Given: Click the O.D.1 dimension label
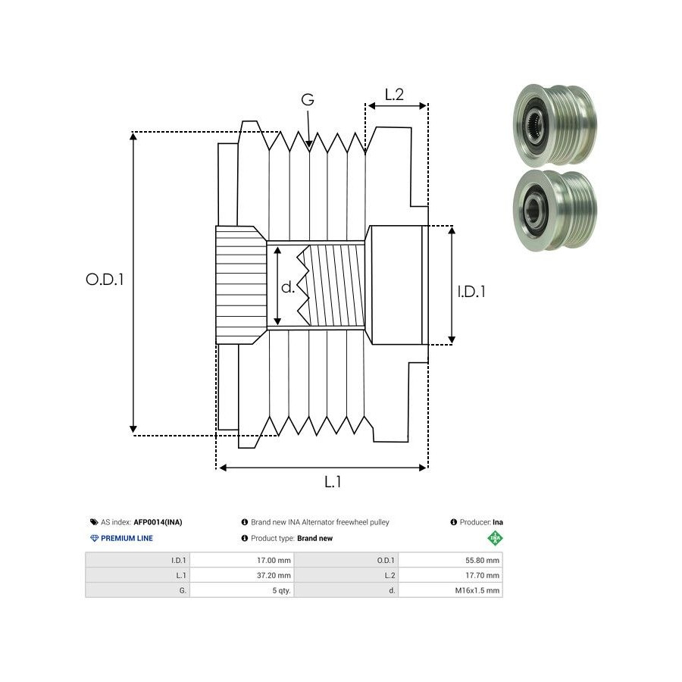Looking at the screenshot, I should (x=105, y=279).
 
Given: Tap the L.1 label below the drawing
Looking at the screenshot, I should (x=333, y=482).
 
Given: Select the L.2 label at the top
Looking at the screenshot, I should (x=394, y=95).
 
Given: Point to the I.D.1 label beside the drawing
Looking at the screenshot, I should (x=471, y=291).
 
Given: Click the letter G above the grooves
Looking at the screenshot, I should (x=307, y=100).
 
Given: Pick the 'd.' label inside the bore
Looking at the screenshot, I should (x=288, y=287).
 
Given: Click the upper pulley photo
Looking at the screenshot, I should (x=554, y=125).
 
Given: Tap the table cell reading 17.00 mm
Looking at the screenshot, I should (x=274, y=561).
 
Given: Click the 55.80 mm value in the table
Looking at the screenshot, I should (x=483, y=561).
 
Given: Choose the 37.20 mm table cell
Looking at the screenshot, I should (x=274, y=575).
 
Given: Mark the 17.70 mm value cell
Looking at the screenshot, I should (x=483, y=575).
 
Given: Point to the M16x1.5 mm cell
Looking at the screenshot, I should (x=477, y=590).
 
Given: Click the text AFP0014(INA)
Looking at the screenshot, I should (x=158, y=522).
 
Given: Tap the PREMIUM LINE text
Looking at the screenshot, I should (x=126, y=538).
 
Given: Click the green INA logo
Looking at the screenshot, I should (x=495, y=539).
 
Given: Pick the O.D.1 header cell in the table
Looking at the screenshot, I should (x=386, y=561).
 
